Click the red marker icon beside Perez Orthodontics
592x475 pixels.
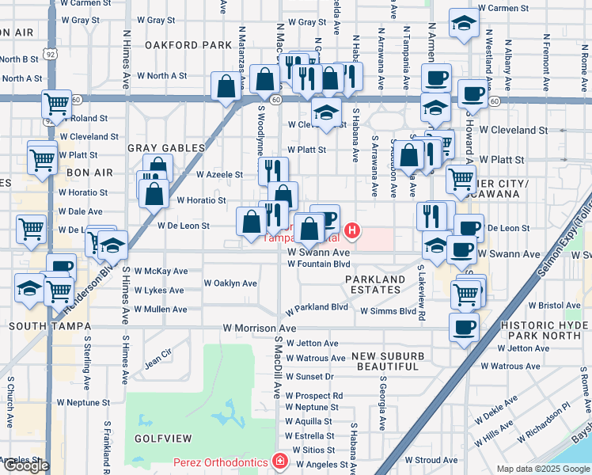coord(279,461)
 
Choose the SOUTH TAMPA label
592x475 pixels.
coord(47,325)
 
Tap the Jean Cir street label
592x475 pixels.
coord(157,359)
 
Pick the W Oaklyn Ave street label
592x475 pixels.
coord(230,283)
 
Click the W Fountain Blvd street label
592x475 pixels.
coord(318,264)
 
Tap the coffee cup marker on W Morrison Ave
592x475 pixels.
coord(463,325)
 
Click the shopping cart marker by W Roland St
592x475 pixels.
coord(56,103)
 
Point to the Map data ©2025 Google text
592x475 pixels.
coord(542,469)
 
